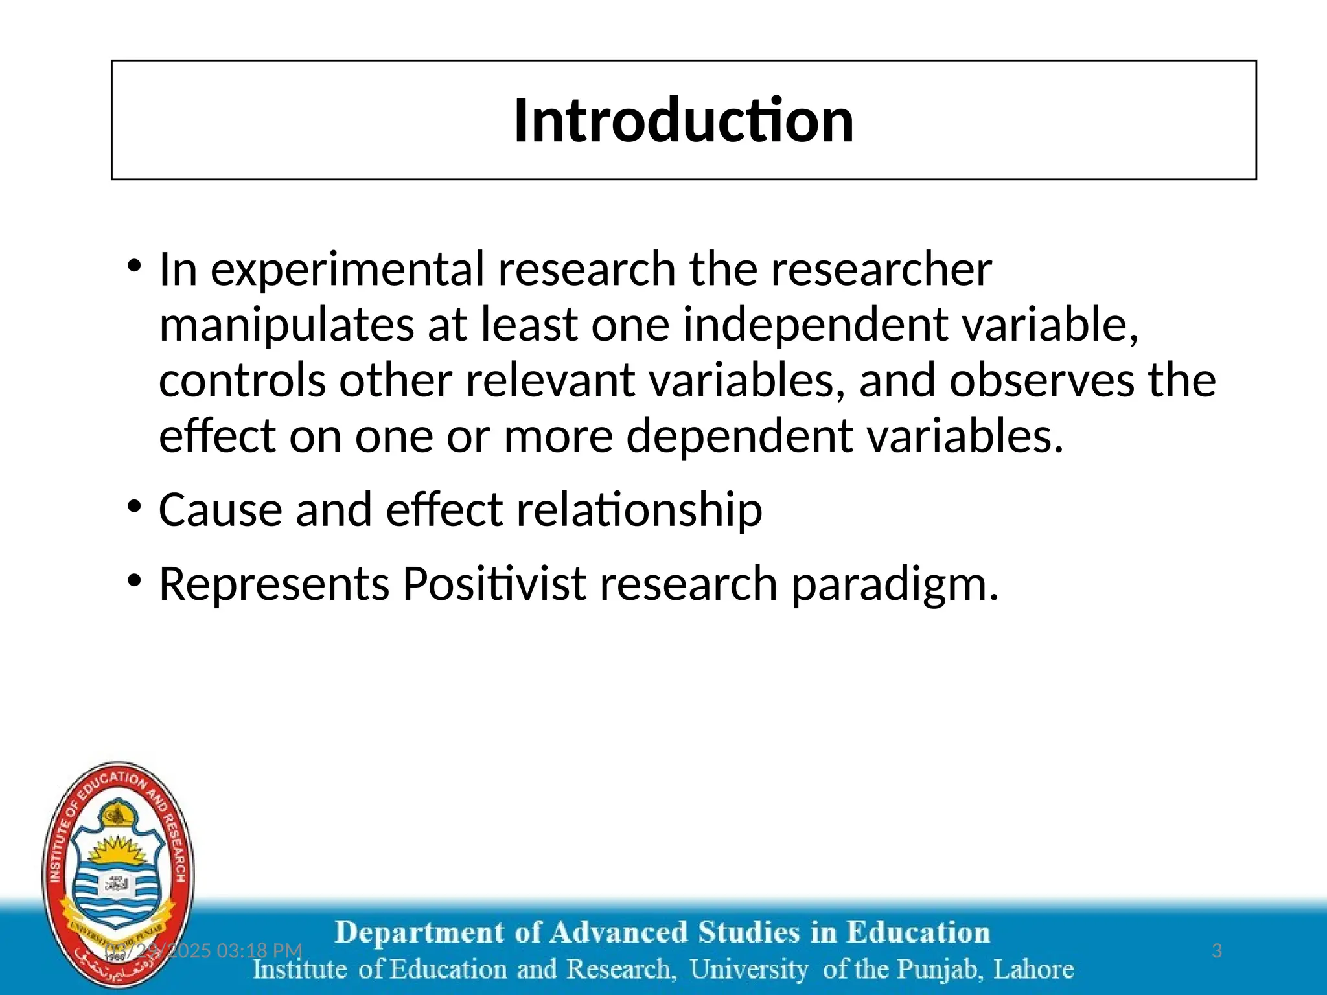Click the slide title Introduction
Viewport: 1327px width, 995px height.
pos(684,120)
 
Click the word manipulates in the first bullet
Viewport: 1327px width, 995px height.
pos(286,325)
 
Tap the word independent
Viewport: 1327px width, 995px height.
pos(815,325)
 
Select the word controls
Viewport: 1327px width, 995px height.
pos(242,380)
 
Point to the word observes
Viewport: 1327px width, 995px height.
pos(1042,380)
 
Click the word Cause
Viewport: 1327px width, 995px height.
pos(220,510)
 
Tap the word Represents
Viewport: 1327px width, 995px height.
pos(274,584)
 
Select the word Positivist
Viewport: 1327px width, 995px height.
pos(494,584)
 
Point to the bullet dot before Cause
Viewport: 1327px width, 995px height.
pos(134,507)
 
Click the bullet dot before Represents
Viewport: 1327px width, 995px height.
pos(134,581)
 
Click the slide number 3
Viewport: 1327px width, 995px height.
pos(1216,951)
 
